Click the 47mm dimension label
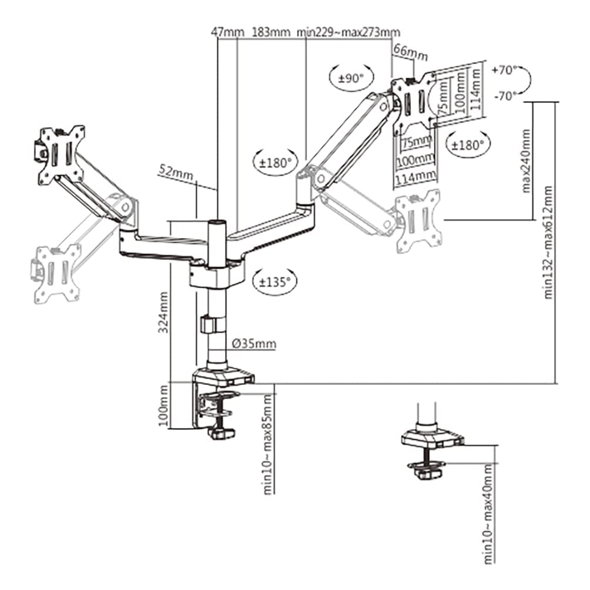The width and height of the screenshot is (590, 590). (x=227, y=32)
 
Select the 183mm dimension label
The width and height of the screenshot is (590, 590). (x=271, y=32)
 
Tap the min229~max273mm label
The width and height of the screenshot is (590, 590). (x=349, y=32)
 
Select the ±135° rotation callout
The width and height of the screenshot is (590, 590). (x=274, y=280)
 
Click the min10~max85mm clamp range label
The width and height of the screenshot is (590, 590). (x=268, y=444)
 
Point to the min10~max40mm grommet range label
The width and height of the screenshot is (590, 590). (x=488, y=514)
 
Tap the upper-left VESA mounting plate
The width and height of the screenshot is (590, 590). (x=60, y=155)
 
